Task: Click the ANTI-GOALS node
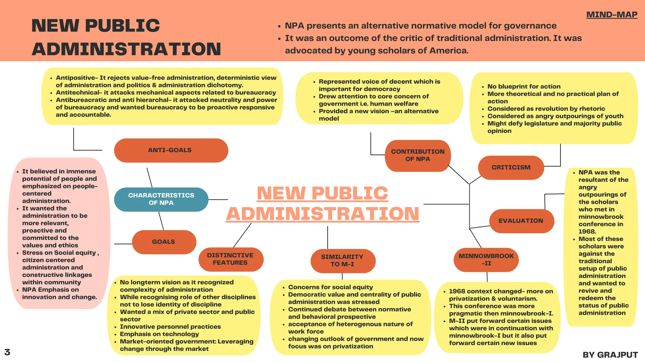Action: [171, 150]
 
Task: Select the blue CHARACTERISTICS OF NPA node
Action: [161, 199]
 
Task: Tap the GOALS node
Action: [164, 242]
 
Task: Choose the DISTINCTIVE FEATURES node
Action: [231, 259]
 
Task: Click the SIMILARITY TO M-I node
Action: [343, 261]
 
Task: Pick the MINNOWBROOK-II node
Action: [486, 260]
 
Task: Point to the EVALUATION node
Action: [521, 221]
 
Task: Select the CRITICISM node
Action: [511, 168]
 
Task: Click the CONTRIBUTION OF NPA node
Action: [418, 155]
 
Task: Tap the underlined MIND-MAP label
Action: [612, 15]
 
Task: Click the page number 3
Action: [7, 352]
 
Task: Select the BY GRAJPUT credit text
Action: [610, 355]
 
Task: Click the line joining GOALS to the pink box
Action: [123, 244]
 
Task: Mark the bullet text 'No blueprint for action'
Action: [524, 87]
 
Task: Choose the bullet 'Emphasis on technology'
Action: [159, 334]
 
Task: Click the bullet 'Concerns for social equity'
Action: [330, 287]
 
